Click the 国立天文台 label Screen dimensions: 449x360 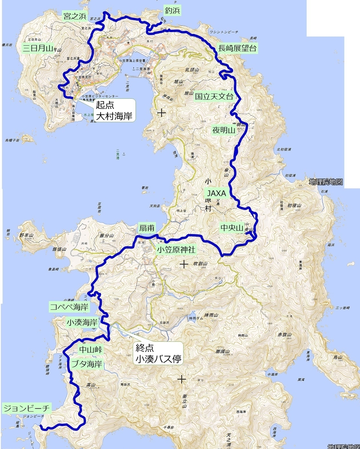(x=214, y=96)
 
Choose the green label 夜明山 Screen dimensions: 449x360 (x=223, y=130)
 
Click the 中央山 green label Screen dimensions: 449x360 (x=232, y=227)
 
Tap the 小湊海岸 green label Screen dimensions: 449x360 (x=81, y=322)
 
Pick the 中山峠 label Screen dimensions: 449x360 (x=90, y=349)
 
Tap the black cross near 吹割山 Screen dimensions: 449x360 (x=183, y=265)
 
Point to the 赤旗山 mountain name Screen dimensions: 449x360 (x=284, y=335)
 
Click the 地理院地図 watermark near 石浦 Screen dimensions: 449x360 (x=326, y=182)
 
